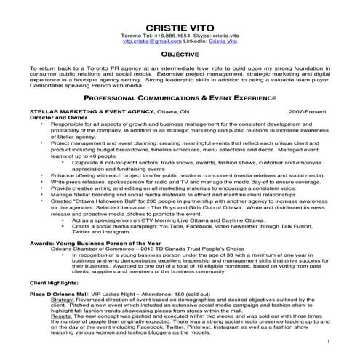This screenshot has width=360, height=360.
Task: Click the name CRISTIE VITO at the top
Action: click(180, 25)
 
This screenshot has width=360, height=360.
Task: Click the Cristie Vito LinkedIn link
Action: click(223, 42)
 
